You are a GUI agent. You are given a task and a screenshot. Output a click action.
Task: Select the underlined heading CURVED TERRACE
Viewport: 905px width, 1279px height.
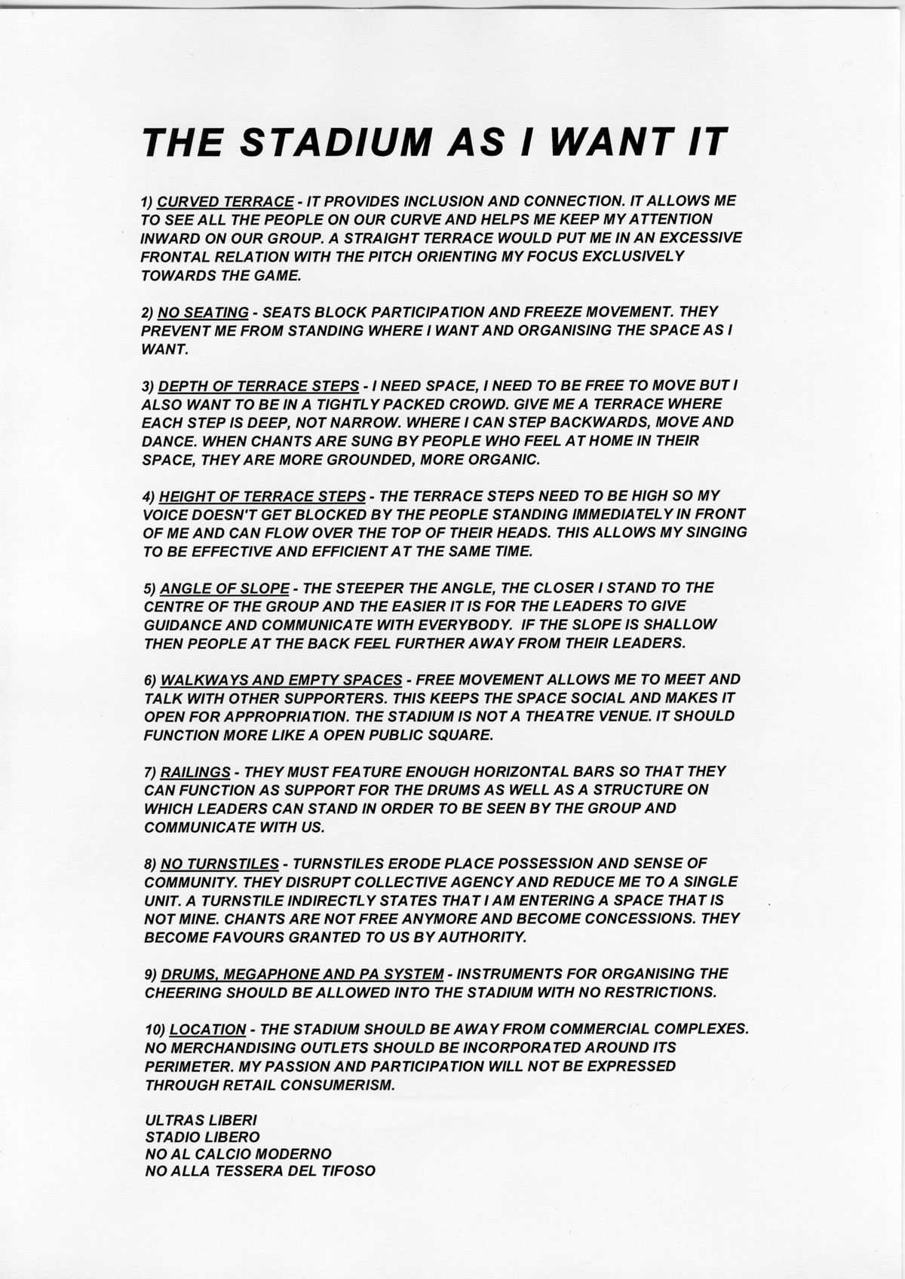pyautogui.click(x=225, y=201)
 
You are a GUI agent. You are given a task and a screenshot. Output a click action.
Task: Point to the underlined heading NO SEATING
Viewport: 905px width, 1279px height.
pyautogui.click(x=203, y=312)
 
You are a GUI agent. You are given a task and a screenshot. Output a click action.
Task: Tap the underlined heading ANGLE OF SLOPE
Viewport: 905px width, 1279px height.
pyautogui.click(x=225, y=588)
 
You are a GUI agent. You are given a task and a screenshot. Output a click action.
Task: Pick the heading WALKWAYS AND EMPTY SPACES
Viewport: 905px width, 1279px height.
pyautogui.click(x=282, y=680)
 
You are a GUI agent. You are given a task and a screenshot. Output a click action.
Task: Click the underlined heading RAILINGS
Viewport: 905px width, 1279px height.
pyautogui.click(x=195, y=772)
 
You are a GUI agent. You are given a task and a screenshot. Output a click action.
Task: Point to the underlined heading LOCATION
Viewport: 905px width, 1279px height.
pyautogui.click(x=207, y=1030)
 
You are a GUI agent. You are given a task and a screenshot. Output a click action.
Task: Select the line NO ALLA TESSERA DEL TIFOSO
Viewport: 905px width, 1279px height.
pyautogui.click(x=260, y=1171)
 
